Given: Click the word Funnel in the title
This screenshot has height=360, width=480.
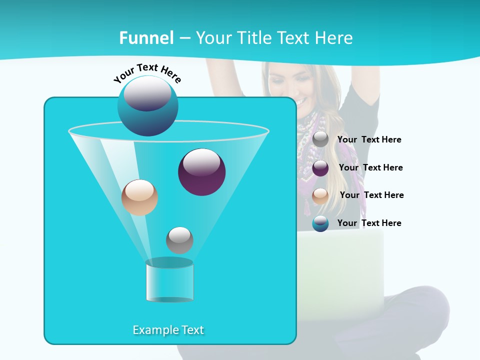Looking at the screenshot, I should (x=146, y=38).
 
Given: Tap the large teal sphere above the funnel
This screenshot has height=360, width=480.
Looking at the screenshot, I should (x=147, y=105).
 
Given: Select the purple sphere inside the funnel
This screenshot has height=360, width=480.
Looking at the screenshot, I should (x=201, y=171).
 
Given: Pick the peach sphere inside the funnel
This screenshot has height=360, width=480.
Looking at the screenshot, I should (x=139, y=197).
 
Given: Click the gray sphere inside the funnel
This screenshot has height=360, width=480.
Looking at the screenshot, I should (x=179, y=240).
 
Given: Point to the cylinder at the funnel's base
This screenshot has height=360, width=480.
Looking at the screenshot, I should (x=169, y=280).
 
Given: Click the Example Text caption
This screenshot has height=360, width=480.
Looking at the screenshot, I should (x=168, y=330).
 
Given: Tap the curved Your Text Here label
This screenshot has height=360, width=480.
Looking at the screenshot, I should (x=147, y=74).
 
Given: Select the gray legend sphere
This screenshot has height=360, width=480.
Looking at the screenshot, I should (x=320, y=139).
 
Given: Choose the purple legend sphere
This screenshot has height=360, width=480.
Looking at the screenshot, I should (x=320, y=168).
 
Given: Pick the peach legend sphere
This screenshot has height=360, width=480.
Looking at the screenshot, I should (x=320, y=196).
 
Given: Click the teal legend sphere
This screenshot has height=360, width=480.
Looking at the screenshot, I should (x=320, y=223).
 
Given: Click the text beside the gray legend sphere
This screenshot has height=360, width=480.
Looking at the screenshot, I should (x=369, y=140).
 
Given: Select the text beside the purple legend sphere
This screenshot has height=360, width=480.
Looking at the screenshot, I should (x=370, y=167).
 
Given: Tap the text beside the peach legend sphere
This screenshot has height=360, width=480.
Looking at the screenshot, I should (x=371, y=195).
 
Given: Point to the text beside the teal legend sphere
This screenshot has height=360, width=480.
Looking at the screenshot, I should (x=369, y=223).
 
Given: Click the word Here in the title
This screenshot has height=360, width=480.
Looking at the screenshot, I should (x=334, y=38).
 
